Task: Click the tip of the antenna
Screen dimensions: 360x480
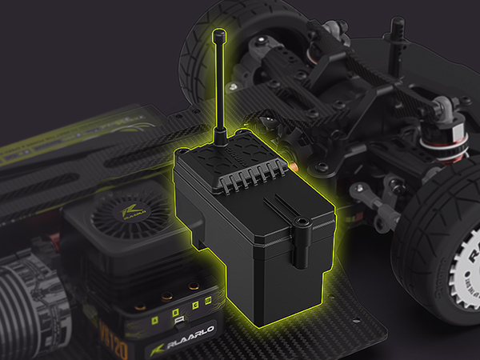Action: tap(219, 36)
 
